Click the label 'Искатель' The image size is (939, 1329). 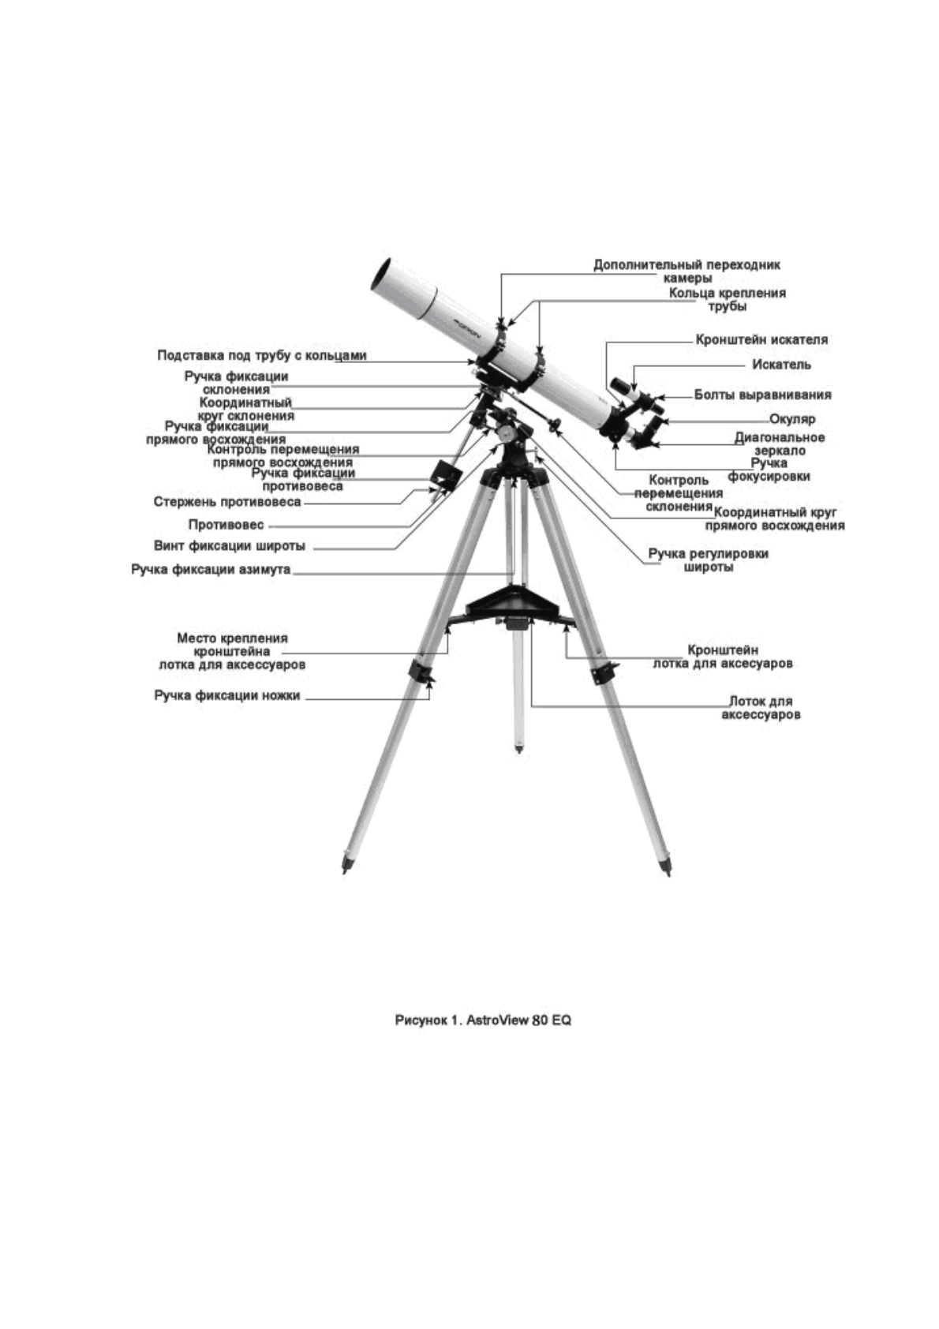pos(780,365)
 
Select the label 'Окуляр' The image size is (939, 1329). pos(792,419)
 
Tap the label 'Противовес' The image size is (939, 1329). pos(226,524)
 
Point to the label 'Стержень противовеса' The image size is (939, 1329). pos(226,502)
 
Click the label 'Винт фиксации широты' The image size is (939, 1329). pos(229,545)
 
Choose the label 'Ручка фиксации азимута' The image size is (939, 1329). pos(211,569)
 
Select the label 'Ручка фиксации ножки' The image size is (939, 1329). pos(226,696)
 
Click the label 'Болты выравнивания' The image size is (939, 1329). pos(762,394)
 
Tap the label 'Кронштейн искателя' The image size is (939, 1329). pos(761,339)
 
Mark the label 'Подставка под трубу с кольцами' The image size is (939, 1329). pos(262,355)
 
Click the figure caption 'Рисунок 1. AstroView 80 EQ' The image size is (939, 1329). pos(483,1020)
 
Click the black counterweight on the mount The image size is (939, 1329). pos(445,477)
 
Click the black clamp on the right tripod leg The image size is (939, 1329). pos(603,673)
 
